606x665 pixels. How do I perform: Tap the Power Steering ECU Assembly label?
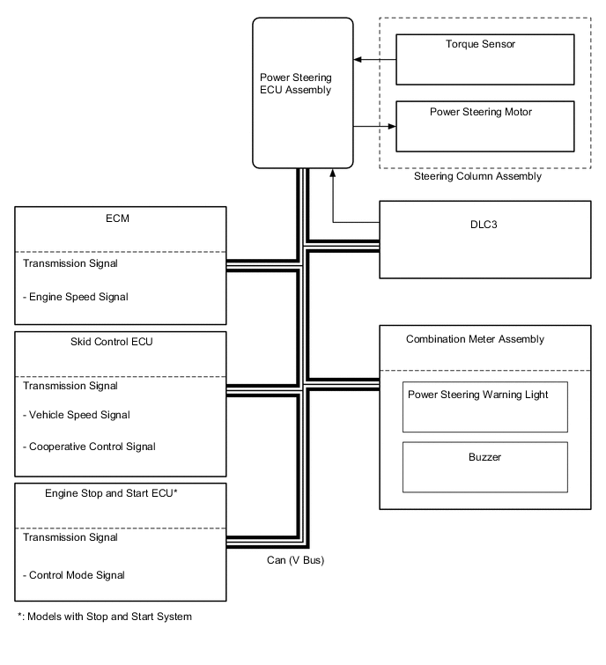click(296, 84)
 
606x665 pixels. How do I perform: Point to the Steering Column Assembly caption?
click(477, 176)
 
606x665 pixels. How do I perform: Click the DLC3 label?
click(484, 225)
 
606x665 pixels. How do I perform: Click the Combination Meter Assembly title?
click(475, 339)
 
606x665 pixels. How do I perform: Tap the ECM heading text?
click(117, 218)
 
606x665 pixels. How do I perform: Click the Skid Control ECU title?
click(112, 342)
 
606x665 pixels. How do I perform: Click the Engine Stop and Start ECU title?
click(111, 493)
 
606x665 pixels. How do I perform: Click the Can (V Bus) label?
click(296, 560)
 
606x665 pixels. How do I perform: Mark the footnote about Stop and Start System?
click(105, 617)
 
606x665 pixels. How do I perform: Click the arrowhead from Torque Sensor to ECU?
click(357, 59)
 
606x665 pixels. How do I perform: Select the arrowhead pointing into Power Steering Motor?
click(392, 126)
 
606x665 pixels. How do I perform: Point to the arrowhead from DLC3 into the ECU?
click(333, 173)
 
